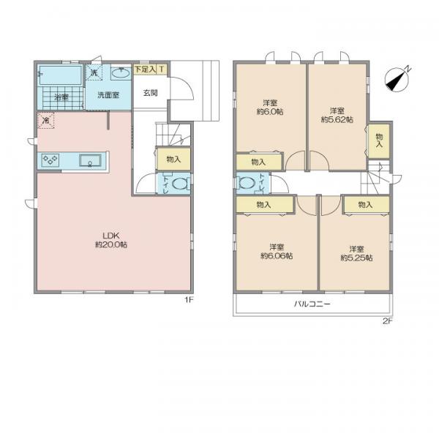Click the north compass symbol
397,80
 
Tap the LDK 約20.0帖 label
111,240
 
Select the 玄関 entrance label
151,93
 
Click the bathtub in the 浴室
60,75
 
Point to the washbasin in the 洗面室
121,73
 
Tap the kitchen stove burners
50,160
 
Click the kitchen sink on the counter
90,160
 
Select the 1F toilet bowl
179,184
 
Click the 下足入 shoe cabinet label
145,70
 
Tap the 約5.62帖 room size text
337,119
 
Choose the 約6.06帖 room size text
277,256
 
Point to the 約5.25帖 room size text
356,258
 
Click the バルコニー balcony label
312,304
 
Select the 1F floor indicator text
189,300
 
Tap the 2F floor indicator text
388,321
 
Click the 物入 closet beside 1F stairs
173,160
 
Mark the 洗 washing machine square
94,72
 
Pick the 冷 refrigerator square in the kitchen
45,121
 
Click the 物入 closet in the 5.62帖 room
379,140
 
